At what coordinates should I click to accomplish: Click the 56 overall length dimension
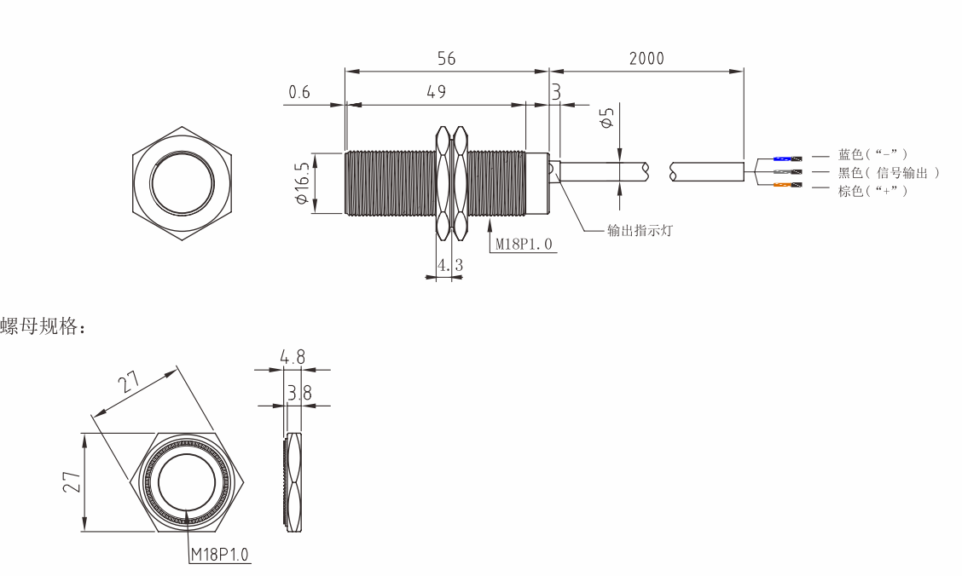click(447, 58)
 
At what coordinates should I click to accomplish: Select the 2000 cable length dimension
click(646, 58)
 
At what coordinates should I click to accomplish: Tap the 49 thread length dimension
click(436, 92)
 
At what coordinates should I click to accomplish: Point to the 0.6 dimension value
click(299, 92)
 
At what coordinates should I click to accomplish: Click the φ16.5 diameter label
click(301, 183)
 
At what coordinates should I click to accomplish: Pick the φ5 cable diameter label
click(607, 118)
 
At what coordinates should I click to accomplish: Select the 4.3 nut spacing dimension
click(449, 265)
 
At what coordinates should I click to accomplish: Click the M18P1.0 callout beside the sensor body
click(524, 244)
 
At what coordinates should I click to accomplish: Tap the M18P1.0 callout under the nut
click(220, 555)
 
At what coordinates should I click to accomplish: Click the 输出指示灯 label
click(640, 230)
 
